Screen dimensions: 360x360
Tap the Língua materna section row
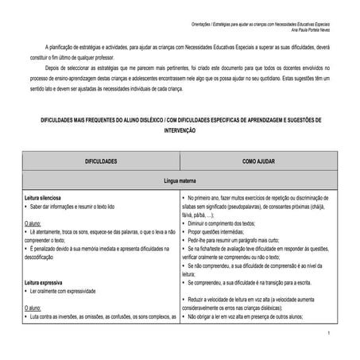click(x=180, y=182)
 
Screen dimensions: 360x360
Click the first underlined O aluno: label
click(x=33, y=224)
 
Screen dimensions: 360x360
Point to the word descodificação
click(x=44, y=257)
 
